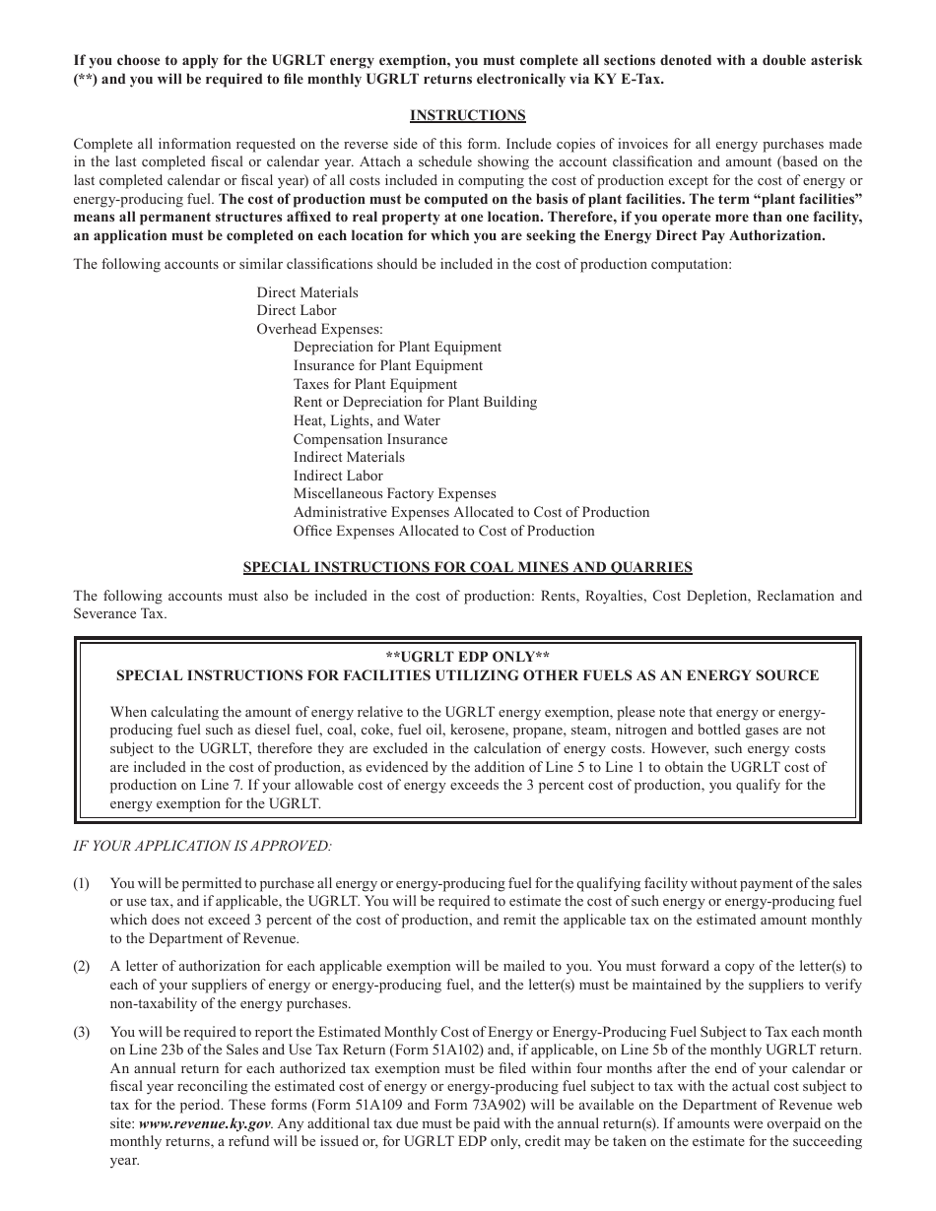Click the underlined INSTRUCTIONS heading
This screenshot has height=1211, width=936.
pos(467,115)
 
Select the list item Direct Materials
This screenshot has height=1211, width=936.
pos(307,292)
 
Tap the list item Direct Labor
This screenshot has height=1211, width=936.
pos(297,310)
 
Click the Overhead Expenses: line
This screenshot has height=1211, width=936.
pos(320,329)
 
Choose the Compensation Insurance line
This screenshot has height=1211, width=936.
pos(369,439)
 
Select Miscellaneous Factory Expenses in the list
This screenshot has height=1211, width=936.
pos(394,493)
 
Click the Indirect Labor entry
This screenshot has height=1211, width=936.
pos(338,476)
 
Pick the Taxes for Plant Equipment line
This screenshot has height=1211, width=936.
pos(374,384)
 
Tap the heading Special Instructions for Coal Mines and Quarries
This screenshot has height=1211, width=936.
pos(467,567)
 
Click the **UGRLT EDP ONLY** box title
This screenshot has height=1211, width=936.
pos(467,657)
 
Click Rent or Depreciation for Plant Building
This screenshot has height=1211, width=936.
pos(415,402)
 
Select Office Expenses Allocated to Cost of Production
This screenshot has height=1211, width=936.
pos(443,531)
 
